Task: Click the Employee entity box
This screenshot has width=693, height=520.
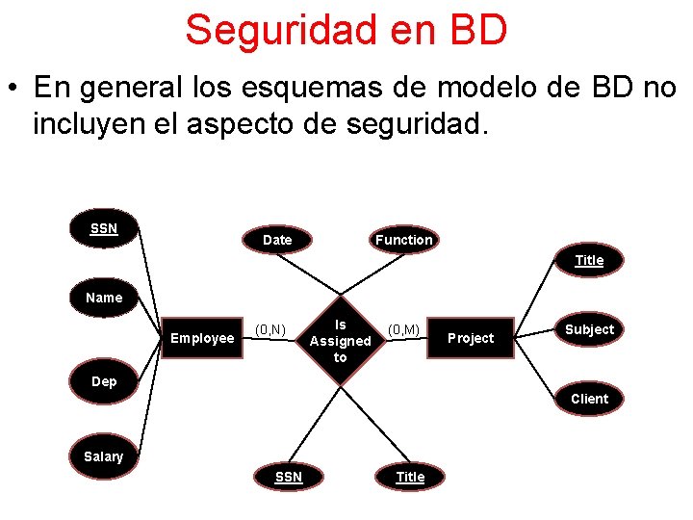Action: (x=202, y=338)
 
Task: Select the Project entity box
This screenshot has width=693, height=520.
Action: (x=471, y=338)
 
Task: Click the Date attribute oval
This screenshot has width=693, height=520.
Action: (x=277, y=240)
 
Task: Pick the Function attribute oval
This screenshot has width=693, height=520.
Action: (x=404, y=240)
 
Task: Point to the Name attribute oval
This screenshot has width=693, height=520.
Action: (x=104, y=298)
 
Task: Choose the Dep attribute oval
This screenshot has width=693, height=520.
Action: (x=104, y=381)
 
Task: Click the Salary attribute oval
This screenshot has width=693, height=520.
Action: (x=104, y=456)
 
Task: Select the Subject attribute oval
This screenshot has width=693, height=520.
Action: (x=589, y=329)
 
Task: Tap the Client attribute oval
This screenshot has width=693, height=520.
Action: (x=589, y=399)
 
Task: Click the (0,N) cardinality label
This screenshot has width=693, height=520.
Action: (x=269, y=330)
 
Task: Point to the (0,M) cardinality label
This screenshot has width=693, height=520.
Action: (x=403, y=330)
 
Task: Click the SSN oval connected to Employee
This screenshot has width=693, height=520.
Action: (x=104, y=229)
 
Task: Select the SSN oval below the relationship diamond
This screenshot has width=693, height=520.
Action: (x=289, y=477)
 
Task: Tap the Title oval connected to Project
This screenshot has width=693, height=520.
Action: (x=589, y=260)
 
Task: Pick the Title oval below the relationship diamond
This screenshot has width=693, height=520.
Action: (x=410, y=477)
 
